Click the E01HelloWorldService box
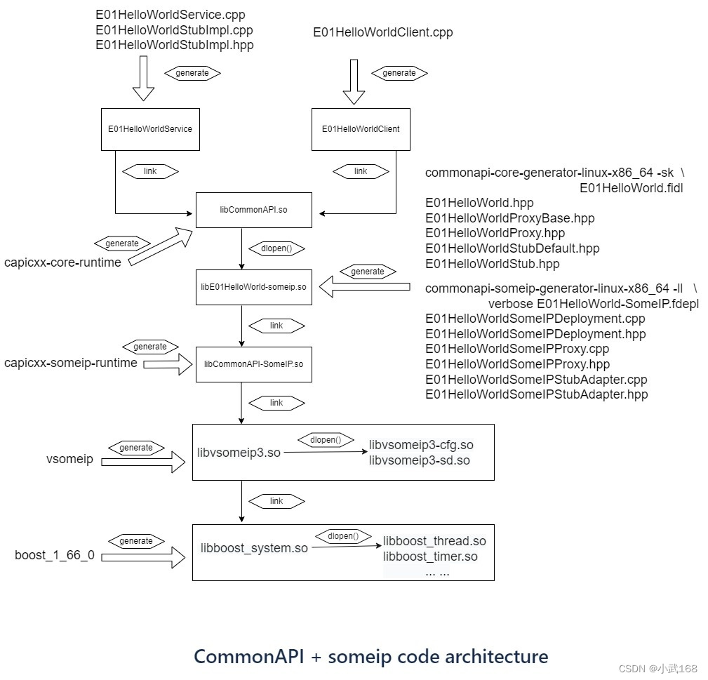click(x=150, y=129)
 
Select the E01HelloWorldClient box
click(x=361, y=129)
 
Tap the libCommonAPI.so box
click(x=253, y=210)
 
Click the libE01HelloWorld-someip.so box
click(x=253, y=287)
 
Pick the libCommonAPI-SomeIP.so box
click(x=253, y=364)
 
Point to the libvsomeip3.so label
click(x=239, y=453)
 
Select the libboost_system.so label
click(x=254, y=548)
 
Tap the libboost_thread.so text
click(x=434, y=541)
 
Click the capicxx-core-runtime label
click(x=62, y=262)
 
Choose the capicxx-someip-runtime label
click(x=71, y=363)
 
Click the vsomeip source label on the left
click(x=69, y=460)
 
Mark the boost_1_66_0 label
click(x=55, y=556)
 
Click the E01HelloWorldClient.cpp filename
click(x=383, y=32)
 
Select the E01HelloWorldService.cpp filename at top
click(x=171, y=14)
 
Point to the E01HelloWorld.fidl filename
click(x=631, y=188)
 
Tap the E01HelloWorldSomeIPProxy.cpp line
click(x=517, y=349)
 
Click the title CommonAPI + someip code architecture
click(x=371, y=657)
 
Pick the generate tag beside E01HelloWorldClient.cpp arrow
click(x=399, y=72)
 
